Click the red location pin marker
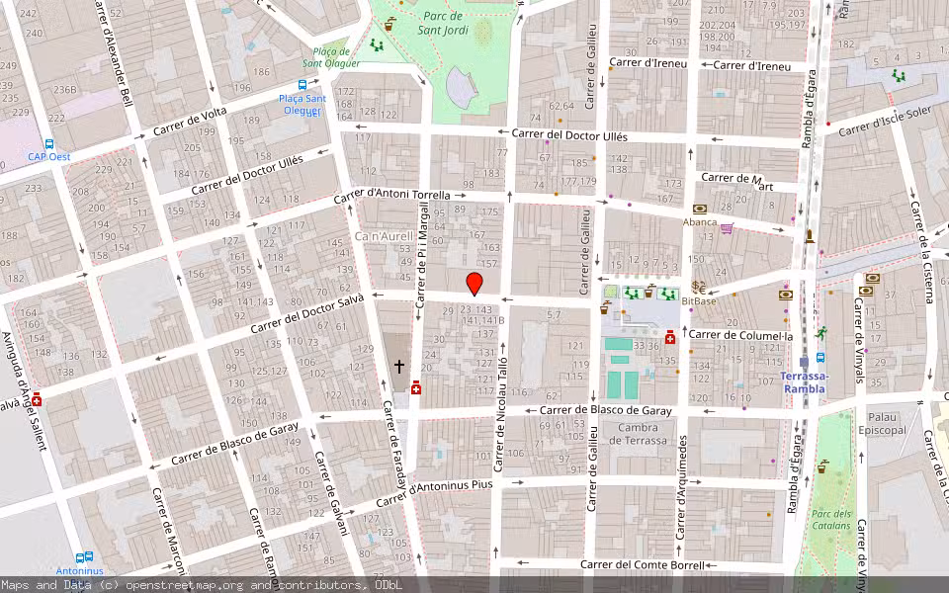[474, 284]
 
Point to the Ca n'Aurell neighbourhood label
[383, 238]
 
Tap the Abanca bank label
[700, 222]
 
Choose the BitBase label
[698, 300]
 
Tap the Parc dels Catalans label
[830, 519]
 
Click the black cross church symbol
[399, 366]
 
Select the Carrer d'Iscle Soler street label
[885, 120]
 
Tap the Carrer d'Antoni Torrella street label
[391, 197]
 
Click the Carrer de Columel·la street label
[740, 335]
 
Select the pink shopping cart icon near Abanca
[728, 228]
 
